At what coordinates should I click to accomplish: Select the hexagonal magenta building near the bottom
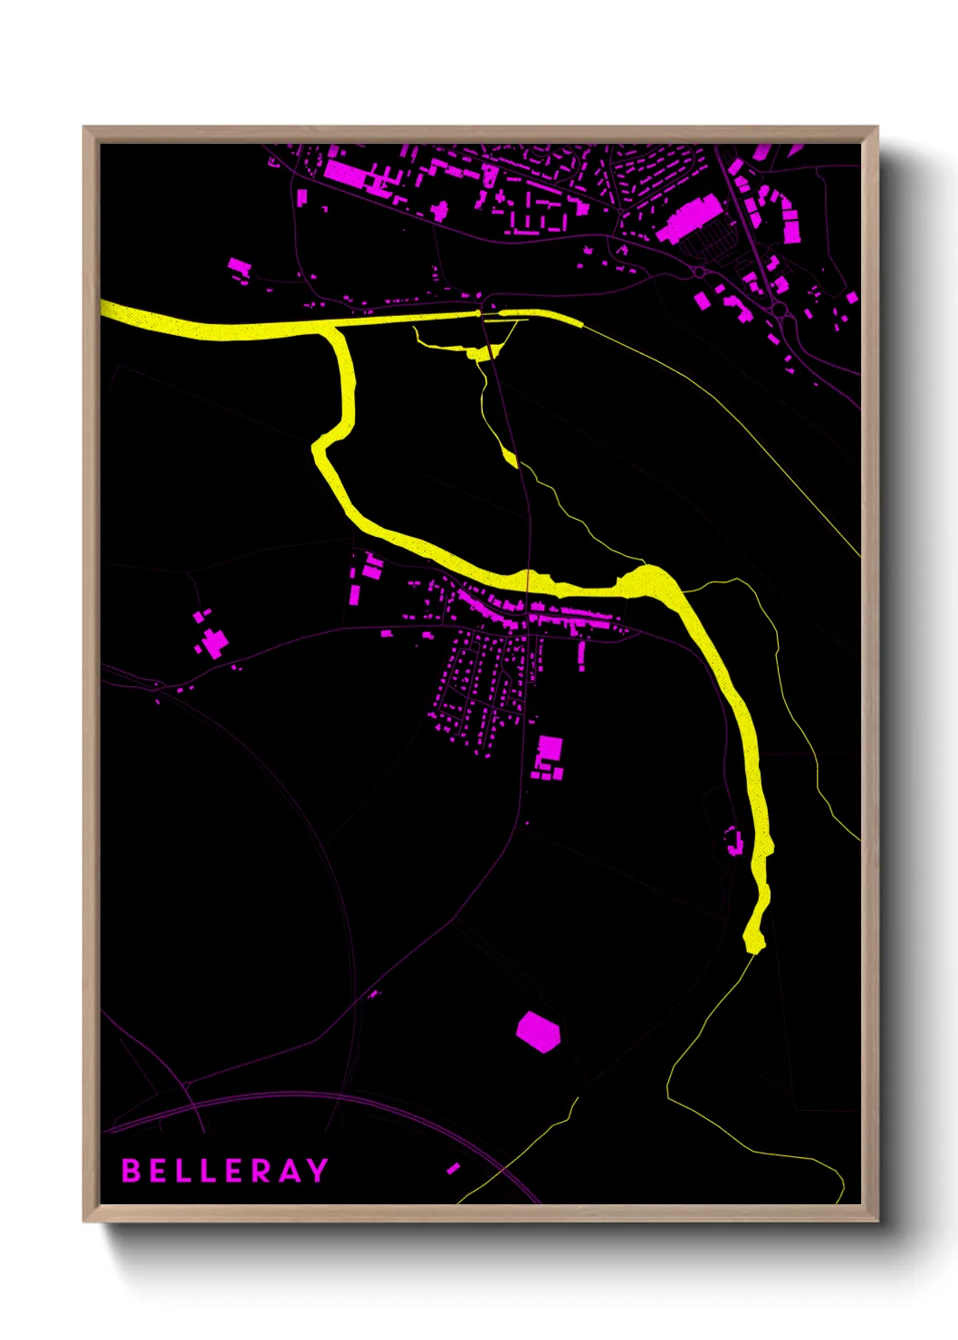(x=538, y=1031)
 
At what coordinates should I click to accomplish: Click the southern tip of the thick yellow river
(x=753, y=943)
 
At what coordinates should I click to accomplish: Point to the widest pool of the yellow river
(x=647, y=580)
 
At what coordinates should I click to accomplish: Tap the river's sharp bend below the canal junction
(x=320, y=445)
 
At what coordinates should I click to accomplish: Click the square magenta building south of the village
(x=549, y=752)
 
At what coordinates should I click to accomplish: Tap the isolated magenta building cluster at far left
(x=212, y=639)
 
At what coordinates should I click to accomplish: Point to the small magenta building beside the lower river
(x=734, y=841)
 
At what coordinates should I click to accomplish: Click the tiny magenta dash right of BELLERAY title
(x=453, y=1169)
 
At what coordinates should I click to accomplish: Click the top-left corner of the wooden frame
(x=84, y=128)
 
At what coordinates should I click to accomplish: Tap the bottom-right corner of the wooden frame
(x=877, y=1220)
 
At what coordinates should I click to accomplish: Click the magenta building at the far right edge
(x=851, y=297)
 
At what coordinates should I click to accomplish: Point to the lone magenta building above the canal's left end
(x=238, y=266)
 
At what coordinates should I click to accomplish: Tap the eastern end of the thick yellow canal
(x=580, y=321)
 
